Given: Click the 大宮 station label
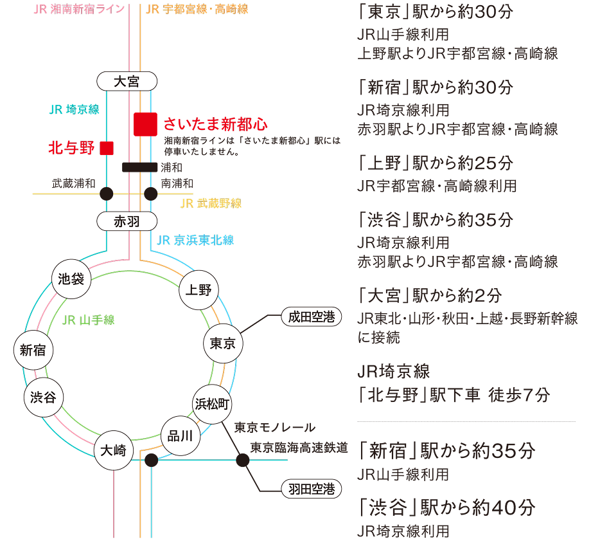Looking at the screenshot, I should point(127,82).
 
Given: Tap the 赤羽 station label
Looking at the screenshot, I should point(127,222).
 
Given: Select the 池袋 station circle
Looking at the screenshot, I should point(71,280).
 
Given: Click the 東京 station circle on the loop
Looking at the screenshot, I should point(223,343).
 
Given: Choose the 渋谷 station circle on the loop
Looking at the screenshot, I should point(43,397).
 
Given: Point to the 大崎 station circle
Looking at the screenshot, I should point(114,451).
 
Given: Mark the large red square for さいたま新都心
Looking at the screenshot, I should point(146,124).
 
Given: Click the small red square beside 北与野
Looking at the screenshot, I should point(107,148).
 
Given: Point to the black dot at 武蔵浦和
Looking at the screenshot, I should point(107,192).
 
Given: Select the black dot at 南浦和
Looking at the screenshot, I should point(150,192).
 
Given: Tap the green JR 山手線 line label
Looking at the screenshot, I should point(88,320).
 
